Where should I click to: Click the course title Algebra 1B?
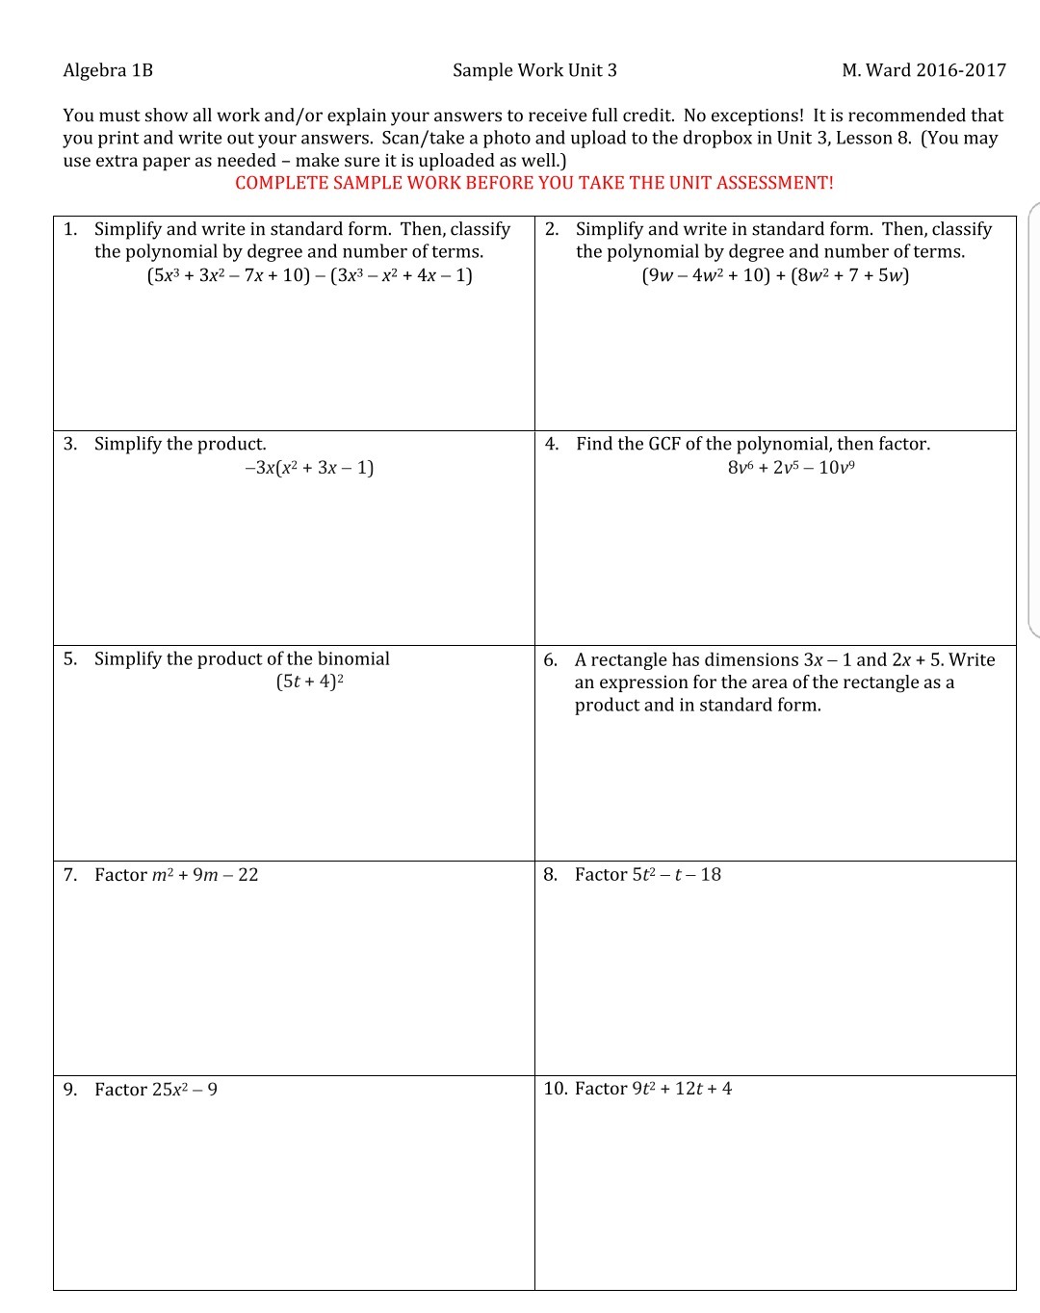click(x=108, y=70)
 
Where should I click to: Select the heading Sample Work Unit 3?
click(x=534, y=70)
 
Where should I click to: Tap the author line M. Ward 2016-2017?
click(x=923, y=70)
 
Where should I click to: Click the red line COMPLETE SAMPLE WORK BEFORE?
click(x=534, y=183)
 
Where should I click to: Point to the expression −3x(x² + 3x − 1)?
click(x=309, y=468)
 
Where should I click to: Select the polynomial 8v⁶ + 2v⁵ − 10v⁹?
click(x=792, y=468)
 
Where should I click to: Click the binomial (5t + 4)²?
click(x=310, y=682)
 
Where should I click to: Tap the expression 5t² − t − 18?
click(x=676, y=875)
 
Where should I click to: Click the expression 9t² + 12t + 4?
click(x=682, y=1089)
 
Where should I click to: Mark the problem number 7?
click(x=70, y=875)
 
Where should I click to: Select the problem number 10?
click(x=555, y=1089)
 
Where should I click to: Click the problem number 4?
click(x=552, y=444)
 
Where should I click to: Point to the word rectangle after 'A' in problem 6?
click(x=628, y=659)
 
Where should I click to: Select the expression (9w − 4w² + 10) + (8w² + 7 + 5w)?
click(x=775, y=275)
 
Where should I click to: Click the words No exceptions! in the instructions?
click(x=742, y=116)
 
